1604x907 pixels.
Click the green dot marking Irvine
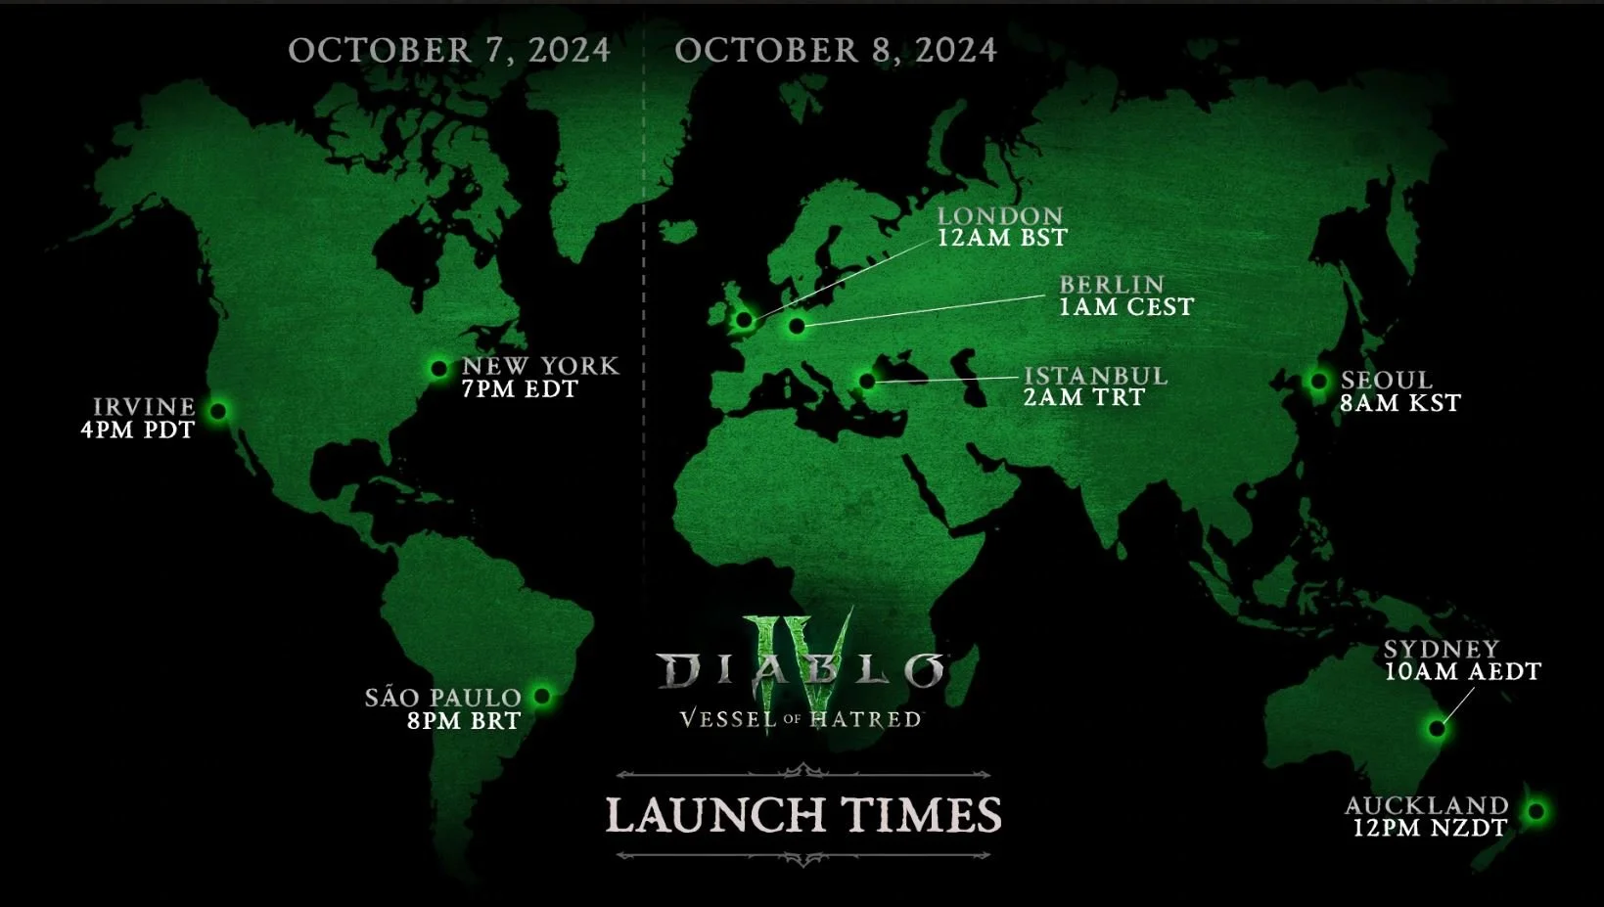[x=218, y=411]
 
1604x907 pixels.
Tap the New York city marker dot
[x=438, y=369]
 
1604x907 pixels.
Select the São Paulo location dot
[x=542, y=697]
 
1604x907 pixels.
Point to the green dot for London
[x=744, y=319]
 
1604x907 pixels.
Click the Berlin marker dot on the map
[x=797, y=326]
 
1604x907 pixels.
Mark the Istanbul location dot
[x=867, y=381]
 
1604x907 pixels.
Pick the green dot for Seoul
[x=1319, y=381]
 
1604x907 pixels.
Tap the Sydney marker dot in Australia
[x=1437, y=728]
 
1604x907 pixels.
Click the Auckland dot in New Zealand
[x=1536, y=811]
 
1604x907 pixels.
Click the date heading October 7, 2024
[x=449, y=51]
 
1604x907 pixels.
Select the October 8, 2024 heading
[x=836, y=51]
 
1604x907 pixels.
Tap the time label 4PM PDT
[x=138, y=431]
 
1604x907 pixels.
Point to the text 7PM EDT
[x=520, y=389]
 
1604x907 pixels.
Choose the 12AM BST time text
[x=1002, y=238]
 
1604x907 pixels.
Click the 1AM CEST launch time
[x=1126, y=307]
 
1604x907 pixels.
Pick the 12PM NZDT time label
[x=1430, y=828]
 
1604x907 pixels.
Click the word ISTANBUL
[x=1095, y=377]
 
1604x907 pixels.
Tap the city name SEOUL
[x=1387, y=380]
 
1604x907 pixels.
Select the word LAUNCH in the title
[x=714, y=815]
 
